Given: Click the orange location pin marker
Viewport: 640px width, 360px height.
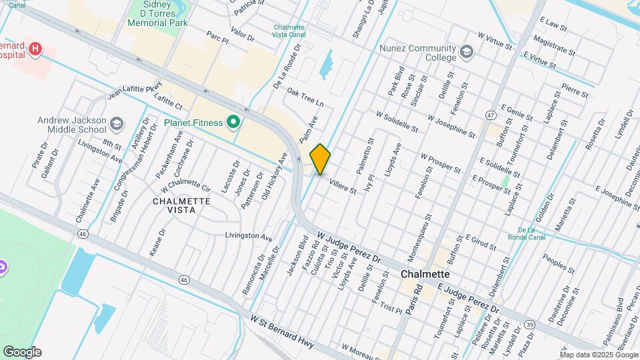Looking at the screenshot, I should pyautogui.click(x=321, y=159).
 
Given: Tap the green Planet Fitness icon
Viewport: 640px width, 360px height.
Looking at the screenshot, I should pyautogui.click(x=233, y=122).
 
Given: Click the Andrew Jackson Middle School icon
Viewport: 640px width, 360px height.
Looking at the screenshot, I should pyautogui.click(x=117, y=124).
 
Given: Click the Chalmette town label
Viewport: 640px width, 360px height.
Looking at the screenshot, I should pyautogui.click(x=425, y=274).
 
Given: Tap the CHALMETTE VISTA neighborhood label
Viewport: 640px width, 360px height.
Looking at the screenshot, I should pyautogui.click(x=181, y=205).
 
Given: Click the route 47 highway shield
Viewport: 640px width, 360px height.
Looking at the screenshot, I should pyautogui.click(x=491, y=115).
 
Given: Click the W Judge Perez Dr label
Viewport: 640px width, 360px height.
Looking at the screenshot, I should pyautogui.click(x=348, y=247).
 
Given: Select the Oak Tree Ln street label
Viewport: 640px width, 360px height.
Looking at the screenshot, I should pyautogui.click(x=305, y=97).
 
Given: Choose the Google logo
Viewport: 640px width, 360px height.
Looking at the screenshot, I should pyautogui.click(x=22, y=352).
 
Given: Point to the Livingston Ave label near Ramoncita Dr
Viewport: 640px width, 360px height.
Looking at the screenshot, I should pyautogui.click(x=249, y=236).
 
